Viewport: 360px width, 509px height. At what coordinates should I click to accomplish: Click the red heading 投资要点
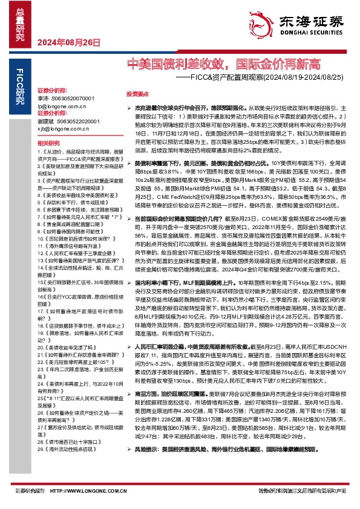pos(137,94)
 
